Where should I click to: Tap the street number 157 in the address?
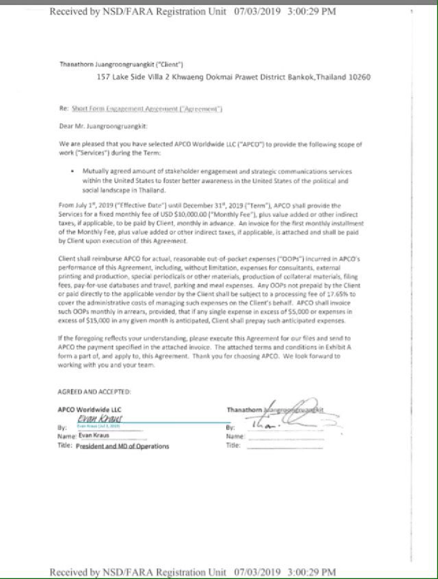pyautogui.click(x=103, y=77)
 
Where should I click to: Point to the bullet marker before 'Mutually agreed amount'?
pyautogui.click(x=72, y=172)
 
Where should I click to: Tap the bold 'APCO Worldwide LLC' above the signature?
pyautogui.click(x=89, y=409)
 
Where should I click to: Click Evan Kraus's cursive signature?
pyautogui.click(x=99, y=418)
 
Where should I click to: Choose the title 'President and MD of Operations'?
pyautogui.click(x=122, y=446)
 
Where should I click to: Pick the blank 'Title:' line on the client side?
pyautogui.click(x=285, y=446)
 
